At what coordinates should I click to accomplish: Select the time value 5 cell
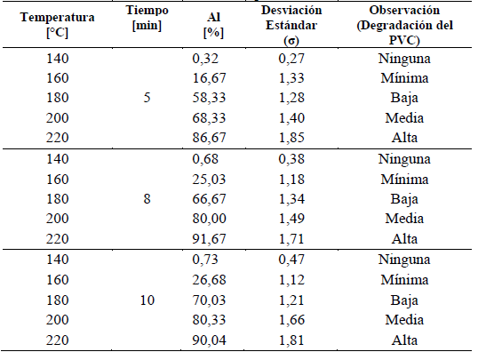tap(147, 98)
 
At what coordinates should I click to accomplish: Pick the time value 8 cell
tap(147, 200)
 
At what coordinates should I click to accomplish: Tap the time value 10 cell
tap(147, 301)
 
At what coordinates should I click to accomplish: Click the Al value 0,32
tap(205, 59)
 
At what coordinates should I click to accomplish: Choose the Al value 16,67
tap(209, 78)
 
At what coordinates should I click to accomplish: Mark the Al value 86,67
tap(209, 138)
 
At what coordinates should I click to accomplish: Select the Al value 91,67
tap(209, 239)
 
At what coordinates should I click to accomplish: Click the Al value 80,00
tap(209, 220)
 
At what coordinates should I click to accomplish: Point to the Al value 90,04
tap(209, 340)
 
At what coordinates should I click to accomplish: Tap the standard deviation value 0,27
tap(293, 59)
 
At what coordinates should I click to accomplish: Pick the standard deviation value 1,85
tap(293, 138)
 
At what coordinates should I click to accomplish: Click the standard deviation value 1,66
tap(293, 321)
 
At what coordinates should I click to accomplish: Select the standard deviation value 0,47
tap(293, 261)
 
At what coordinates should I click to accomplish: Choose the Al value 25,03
tap(209, 180)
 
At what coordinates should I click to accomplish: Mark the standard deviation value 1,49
tap(293, 220)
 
